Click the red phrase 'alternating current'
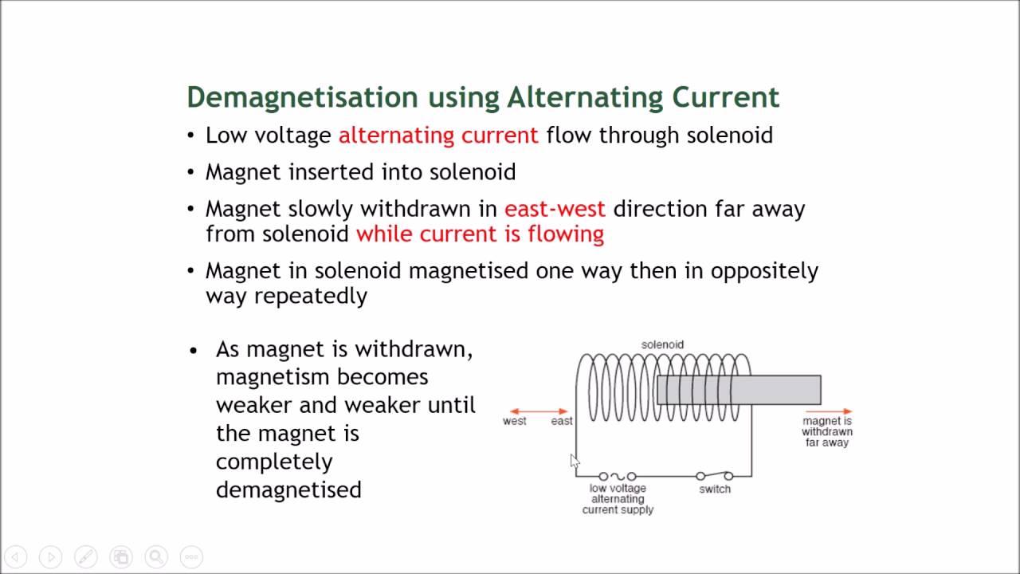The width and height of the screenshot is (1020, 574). coord(438,136)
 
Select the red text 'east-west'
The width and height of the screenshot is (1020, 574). coord(555,209)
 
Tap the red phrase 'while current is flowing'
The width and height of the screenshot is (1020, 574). coord(480,234)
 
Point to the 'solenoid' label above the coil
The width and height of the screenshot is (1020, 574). coord(662,344)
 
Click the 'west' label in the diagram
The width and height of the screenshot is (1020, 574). coord(514,421)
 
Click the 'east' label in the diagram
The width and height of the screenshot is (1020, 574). coord(562,421)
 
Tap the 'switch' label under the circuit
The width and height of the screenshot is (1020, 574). coord(715,489)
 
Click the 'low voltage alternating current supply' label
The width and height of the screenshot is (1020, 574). coord(618,499)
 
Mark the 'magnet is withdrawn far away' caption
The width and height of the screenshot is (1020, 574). coord(827,431)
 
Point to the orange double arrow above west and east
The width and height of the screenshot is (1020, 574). coord(539,411)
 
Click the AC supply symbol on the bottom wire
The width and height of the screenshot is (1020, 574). coord(618,476)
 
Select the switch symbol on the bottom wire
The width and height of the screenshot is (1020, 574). coord(714,476)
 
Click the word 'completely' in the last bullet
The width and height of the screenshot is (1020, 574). coord(274,462)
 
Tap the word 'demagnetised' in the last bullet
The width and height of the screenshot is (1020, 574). coord(288,489)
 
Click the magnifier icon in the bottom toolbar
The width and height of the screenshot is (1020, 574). coord(156,556)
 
